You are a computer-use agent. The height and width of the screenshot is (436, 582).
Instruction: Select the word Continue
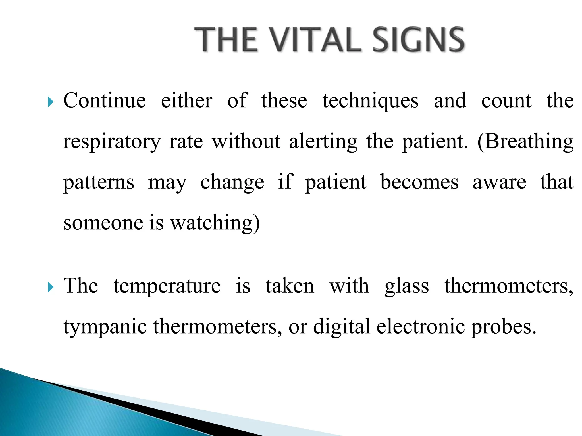[x=104, y=100]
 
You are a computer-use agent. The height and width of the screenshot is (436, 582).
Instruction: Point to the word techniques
[x=370, y=101]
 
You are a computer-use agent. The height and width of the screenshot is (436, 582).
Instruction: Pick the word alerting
[x=323, y=141]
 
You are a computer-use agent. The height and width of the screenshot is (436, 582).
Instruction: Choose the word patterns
[x=99, y=183]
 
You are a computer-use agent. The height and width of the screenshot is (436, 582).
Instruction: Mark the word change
[x=232, y=183]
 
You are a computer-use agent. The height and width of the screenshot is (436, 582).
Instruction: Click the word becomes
[x=419, y=182]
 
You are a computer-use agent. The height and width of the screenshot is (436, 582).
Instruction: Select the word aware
[x=499, y=183]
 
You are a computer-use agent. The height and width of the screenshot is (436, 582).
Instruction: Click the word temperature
[x=167, y=286]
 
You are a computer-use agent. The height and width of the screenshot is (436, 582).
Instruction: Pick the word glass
[x=407, y=286]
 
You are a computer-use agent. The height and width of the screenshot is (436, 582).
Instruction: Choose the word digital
[x=342, y=326]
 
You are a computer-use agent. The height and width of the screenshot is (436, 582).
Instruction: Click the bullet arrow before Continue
[x=51, y=102]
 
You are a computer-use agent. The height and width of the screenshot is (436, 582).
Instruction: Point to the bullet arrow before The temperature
[x=51, y=287]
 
